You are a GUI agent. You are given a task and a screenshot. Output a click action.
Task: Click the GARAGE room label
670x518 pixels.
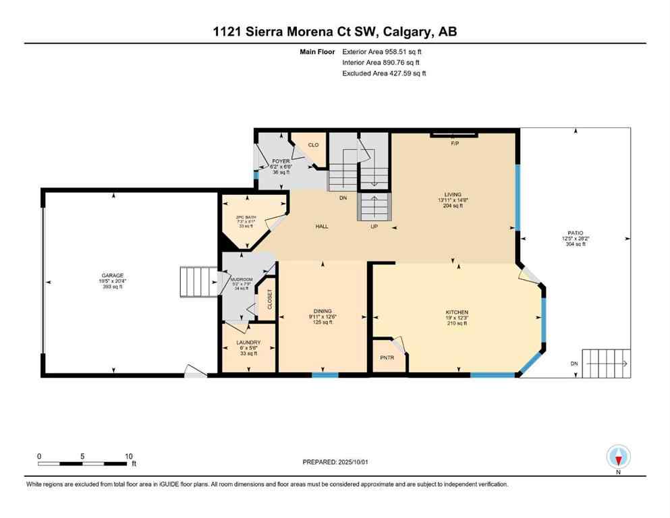[x=113, y=275]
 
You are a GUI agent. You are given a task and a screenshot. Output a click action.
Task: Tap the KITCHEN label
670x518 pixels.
[x=456, y=312]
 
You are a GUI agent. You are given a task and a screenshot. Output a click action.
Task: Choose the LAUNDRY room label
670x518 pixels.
[x=248, y=343]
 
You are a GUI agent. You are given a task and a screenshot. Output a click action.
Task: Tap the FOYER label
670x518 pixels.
[x=280, y=162]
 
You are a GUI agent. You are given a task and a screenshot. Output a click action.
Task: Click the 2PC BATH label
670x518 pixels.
[x=246, y=216]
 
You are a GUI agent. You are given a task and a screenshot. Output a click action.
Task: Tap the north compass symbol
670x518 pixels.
[x=618, y=457]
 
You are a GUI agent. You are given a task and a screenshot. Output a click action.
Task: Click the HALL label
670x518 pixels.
[x=322, y=227]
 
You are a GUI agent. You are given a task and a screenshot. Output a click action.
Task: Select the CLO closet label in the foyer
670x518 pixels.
[x=313, y=145]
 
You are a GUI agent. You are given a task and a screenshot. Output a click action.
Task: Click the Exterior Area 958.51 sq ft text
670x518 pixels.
[x=384, y=51]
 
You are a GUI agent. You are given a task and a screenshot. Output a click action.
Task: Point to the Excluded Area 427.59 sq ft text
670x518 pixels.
[x=384, y=73]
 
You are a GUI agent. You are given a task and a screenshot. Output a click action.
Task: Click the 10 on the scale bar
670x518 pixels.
[x=128, y=455]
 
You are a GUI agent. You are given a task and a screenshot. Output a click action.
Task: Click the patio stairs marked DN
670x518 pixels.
[x=607, y=364]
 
